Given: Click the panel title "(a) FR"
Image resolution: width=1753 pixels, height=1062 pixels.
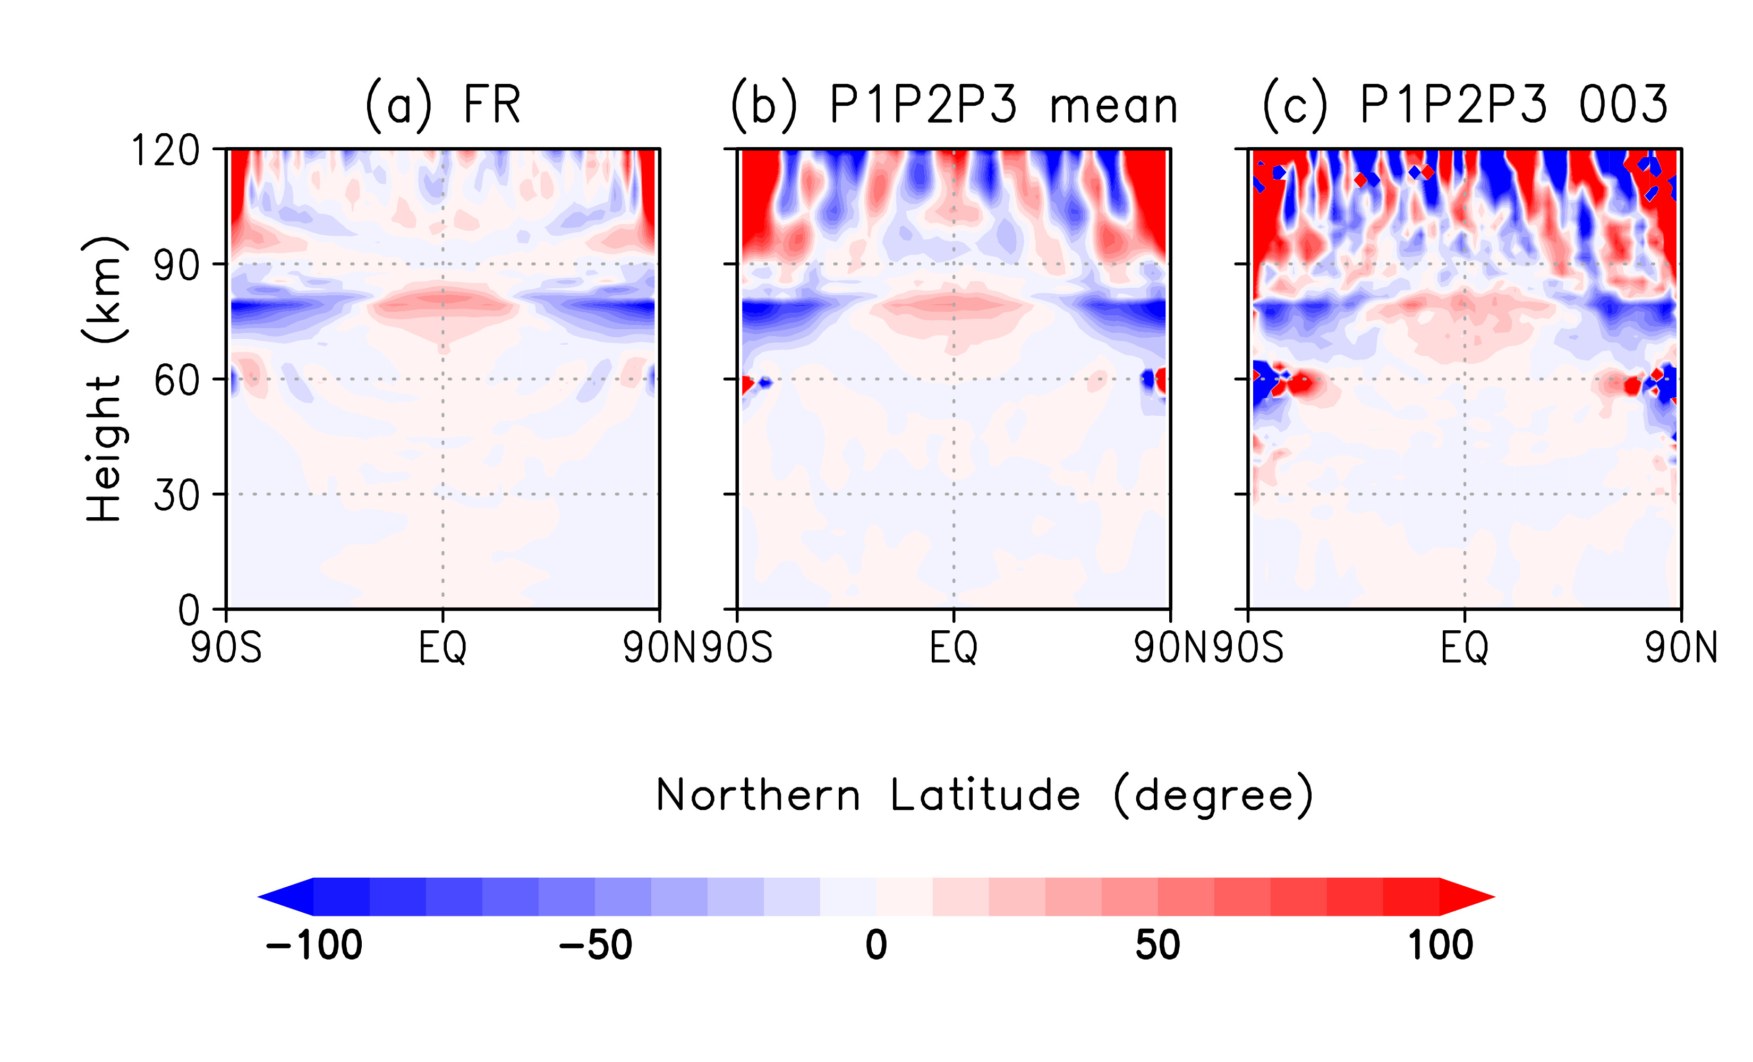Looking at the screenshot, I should coord(442,105).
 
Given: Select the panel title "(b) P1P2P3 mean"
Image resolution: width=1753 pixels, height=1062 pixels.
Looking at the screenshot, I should coord(954,105).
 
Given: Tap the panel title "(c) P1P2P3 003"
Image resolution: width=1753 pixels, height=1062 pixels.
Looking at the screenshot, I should coord(1465,105).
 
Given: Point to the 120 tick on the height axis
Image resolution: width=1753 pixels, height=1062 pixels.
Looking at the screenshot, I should coord(166,151).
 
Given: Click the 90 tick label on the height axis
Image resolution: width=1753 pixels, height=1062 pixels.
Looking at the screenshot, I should coord(176,265).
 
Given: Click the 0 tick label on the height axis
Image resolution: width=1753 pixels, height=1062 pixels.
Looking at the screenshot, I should coord(189,610).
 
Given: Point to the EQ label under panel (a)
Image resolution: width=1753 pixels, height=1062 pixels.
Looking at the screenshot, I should coord(442,648).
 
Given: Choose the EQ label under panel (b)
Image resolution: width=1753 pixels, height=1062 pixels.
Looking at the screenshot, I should coord(954,648).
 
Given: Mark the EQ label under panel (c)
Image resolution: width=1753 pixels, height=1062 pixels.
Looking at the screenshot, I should coord(1465,648).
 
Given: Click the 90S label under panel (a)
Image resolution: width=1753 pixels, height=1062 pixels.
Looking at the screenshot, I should coord(226,648).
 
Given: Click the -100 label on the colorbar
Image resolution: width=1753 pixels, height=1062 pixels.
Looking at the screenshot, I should coord(314,945).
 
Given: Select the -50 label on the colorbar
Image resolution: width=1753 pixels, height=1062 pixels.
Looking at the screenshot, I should coord(595,945).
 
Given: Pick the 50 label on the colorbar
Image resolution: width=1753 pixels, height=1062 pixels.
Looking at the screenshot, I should coord(1158,945).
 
